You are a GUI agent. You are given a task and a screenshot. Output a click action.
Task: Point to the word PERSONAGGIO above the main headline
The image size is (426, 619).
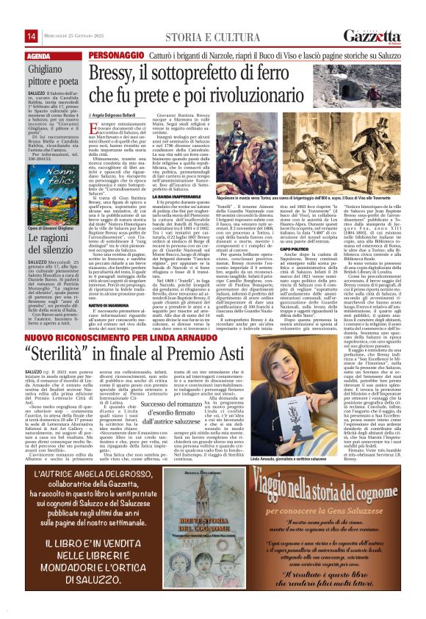tap(115, 56)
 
